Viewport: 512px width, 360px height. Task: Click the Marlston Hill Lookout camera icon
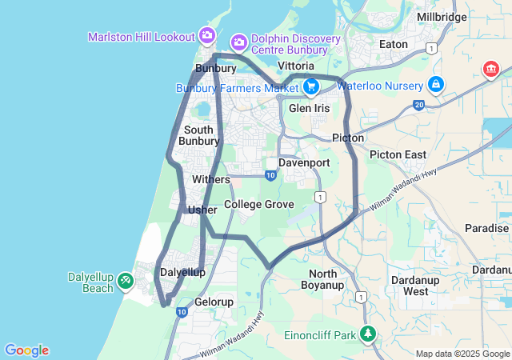[x=207, y=35]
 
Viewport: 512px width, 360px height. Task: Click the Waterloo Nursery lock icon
[x=436, y=83]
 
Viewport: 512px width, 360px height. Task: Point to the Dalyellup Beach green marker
[x=126, y=281]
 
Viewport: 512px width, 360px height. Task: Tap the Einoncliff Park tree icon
[x=367, y=334]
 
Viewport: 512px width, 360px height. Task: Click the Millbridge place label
[x=442, y=17]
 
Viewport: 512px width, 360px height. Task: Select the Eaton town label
[x=394, y=45]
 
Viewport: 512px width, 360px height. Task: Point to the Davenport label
[x=304, y=162]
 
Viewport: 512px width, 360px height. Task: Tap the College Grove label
[x=259, y=205]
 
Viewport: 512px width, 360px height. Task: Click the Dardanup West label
[x=415, y=286]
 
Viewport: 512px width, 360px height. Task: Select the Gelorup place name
[x=214, y=302]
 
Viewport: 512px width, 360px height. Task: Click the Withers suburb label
[x=211, y=179]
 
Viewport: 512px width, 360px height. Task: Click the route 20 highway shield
[x=418, y=105]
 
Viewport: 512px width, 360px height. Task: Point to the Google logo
[x=26, y=350]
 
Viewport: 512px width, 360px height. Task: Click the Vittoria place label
[x=301, y=65]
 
